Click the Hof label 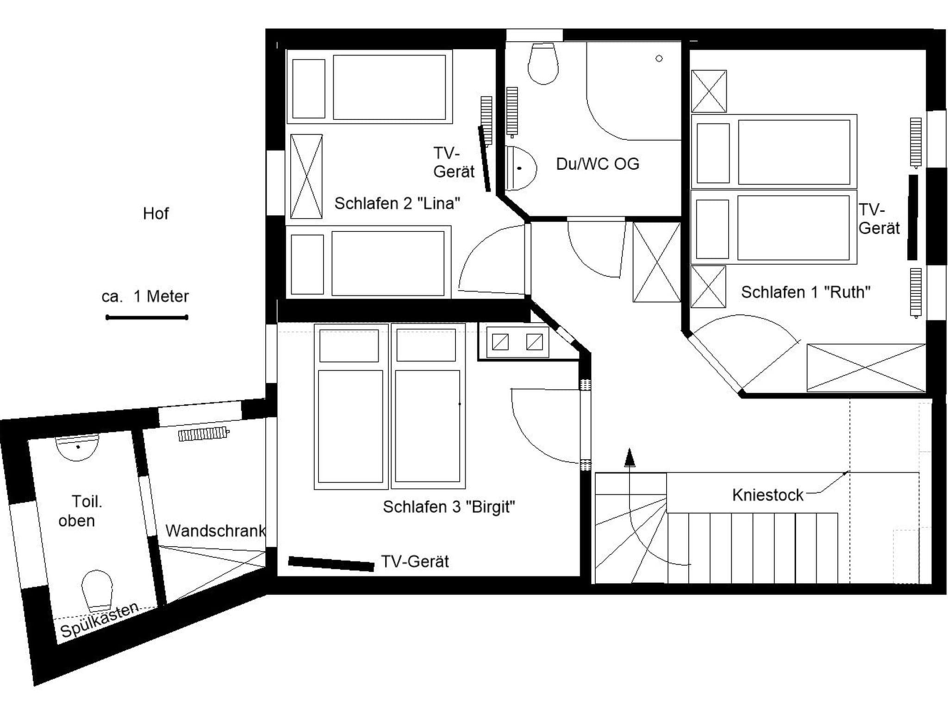point(156,213)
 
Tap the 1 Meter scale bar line point(146,318)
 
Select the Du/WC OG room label point(597,164)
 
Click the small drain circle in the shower point(659,58)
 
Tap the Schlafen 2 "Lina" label point(397,203)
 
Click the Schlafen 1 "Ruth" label point(805,292)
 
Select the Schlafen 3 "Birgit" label point(449,507)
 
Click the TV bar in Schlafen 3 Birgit point(331,564)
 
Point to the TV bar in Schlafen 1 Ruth point(912,217)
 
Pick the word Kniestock point(767,495)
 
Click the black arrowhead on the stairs point(629,458)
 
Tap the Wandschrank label point(215,530)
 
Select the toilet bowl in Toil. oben point(97,589)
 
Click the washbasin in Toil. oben point(77,447)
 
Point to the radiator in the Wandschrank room point(204,434)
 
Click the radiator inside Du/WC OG point(511,112)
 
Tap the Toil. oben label point(81,511)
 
